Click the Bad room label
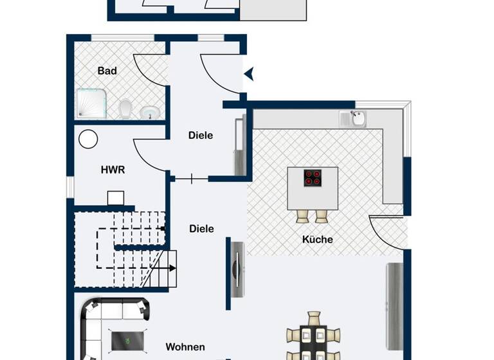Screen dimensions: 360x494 (x=107, y=71)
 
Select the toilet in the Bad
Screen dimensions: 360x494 (x=126, y=107)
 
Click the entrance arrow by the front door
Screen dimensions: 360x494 (x=249, y=75)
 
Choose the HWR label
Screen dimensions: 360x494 (x=113, y=170)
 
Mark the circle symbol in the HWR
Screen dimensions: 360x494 (x=88, y=139)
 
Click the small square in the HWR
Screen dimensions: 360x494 (x=116, y=197)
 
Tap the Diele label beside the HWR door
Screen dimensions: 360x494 (x=201, y=136)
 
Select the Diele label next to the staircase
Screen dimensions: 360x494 (x=201, y=229)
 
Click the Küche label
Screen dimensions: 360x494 (x=318, y=239)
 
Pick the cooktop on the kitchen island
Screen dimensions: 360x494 (x=313, y=177)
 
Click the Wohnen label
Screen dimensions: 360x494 (x=185, y=347)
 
